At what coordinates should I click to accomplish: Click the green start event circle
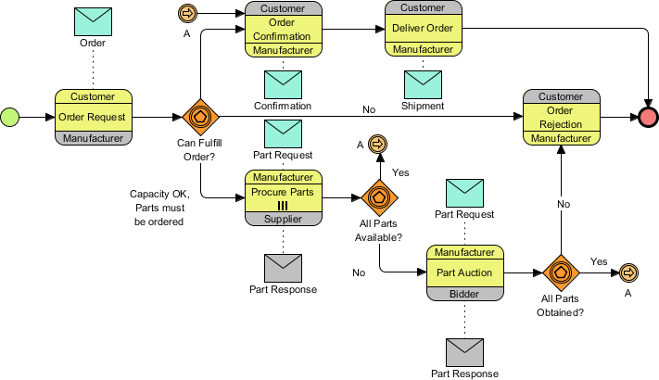[10, 117]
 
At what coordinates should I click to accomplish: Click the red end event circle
[648, 117]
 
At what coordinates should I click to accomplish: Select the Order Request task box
[93, 118]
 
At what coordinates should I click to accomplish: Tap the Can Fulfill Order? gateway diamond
[201, 117]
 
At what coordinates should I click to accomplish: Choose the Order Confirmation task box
[283, 29]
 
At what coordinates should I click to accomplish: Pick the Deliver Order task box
[424, 29]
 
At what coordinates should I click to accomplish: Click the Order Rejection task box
[561, 118]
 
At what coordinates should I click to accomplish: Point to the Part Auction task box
[464, 272]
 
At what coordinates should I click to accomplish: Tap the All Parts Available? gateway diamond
[379, 197]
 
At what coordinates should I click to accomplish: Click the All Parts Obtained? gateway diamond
[561, 272]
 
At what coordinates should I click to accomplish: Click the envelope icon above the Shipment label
[424, 82]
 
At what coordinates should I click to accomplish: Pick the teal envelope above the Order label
[93, 21]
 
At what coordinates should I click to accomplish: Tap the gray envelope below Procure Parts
[283, 267]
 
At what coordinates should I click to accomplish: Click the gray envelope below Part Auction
[464, 351]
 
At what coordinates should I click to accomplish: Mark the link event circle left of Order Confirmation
[186, 13]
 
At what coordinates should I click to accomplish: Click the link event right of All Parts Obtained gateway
[628, 272]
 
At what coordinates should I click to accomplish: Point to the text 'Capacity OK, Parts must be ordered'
[159, 208]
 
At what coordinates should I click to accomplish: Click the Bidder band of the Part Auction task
[464, 293]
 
